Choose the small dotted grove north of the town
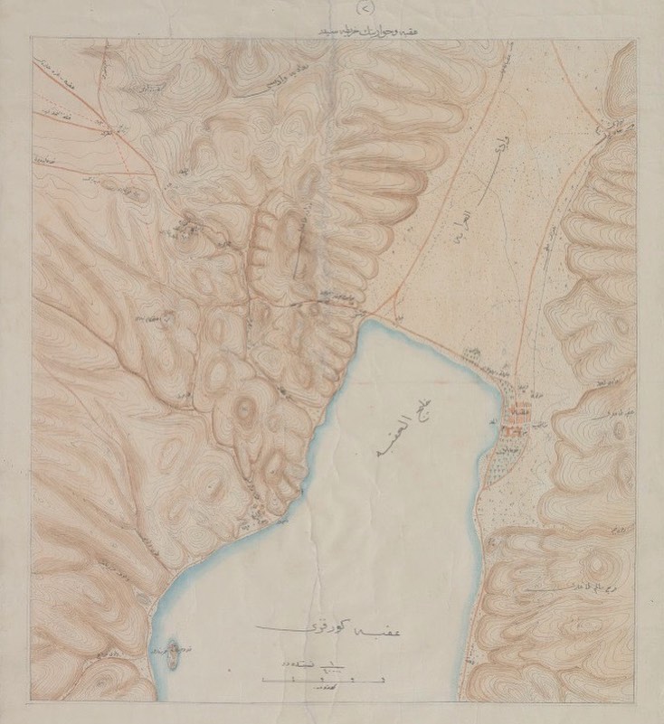(x=470, y=353)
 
